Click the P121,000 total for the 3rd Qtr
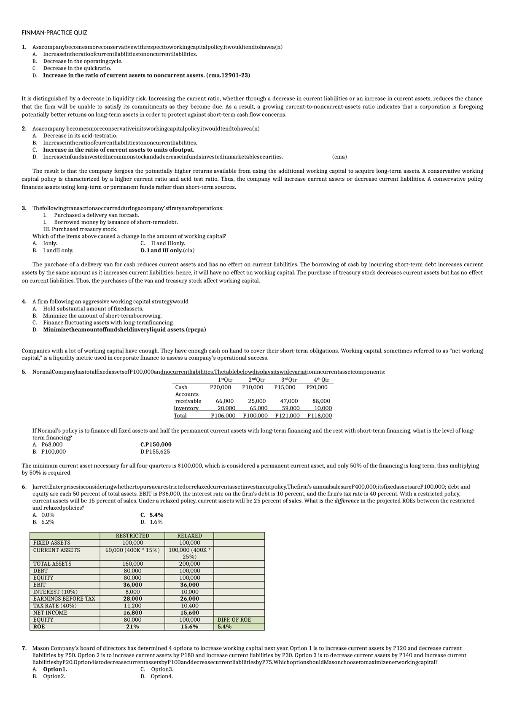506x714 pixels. point(287,415)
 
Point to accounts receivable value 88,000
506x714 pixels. point(321,401)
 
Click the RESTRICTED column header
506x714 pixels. point(132,536)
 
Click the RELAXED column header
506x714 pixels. point(189,536)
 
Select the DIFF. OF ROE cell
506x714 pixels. point(234,620)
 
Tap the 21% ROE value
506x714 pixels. point(132,627)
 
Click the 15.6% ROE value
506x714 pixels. point(189,627)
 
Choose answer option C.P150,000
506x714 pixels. point(156,444)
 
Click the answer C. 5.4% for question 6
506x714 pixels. point(152,515)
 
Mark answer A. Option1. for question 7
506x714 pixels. point(50,669)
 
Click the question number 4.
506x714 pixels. point(24,302)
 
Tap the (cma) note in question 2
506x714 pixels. point(339,157)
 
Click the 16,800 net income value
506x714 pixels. point(132,612)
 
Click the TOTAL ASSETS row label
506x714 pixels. point(52,564)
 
